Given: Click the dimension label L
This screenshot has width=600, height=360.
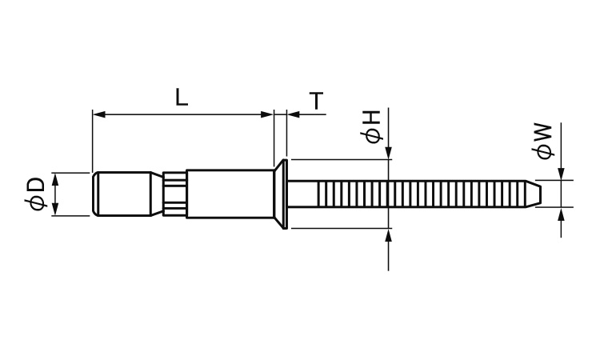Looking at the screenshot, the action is pos(182,97).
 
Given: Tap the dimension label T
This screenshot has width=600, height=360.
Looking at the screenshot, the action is pos(317,101).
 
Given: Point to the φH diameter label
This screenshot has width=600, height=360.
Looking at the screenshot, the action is pos(371,127).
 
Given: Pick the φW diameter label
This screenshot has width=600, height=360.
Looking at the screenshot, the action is pos(543,141).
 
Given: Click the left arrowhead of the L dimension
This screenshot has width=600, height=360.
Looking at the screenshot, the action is pos(98,114).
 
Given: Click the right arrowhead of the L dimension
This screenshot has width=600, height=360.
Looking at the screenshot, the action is pos(267,114).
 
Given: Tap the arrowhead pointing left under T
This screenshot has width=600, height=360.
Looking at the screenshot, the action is pos(293,114).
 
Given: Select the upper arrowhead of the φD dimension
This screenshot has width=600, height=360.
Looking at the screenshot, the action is pos(55,179).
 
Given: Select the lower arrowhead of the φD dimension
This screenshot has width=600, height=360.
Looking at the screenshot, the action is pos(55,210).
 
